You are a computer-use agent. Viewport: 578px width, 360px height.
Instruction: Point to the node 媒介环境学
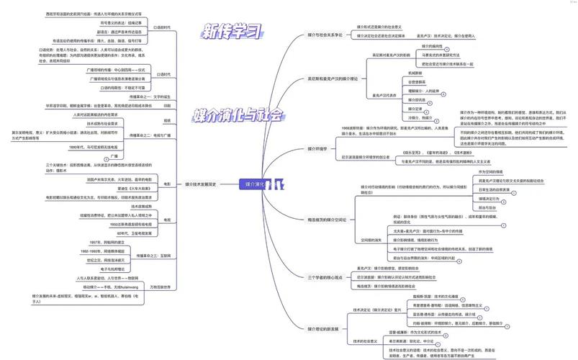pos(317,149)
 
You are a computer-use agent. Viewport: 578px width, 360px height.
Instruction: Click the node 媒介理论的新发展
pos(322,328)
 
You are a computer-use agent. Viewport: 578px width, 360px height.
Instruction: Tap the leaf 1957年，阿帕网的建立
pos(109,242)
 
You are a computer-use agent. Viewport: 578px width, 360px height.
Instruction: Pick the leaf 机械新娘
pos(417,73)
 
